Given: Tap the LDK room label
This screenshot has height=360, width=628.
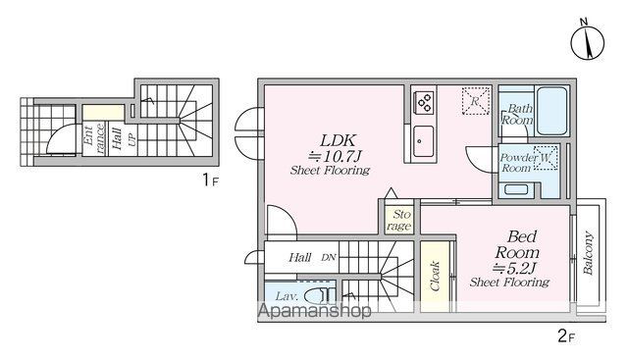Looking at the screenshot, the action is (338, 140).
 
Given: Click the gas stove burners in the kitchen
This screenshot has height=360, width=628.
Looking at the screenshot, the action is (424, 102).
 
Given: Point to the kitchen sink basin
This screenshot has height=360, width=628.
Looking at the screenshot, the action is (423, 141).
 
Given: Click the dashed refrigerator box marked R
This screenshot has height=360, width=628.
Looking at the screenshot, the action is (475, 101).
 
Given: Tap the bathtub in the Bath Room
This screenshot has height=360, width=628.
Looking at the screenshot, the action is (551, 111).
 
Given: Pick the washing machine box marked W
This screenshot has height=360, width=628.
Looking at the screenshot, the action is (546, 157).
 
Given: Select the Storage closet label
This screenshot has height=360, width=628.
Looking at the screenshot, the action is (399, 220).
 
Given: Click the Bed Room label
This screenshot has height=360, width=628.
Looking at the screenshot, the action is (517, 244).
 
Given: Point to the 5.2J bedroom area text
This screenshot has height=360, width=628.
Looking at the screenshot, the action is (514, 268).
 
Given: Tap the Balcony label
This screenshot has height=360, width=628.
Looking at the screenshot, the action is (588, 253).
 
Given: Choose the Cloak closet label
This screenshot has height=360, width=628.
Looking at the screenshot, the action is (435, 276).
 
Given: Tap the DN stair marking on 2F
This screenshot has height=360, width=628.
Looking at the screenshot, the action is (329, 257).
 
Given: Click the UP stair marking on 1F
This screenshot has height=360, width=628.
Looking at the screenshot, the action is (131, 139).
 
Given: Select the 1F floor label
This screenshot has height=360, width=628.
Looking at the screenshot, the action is (210, 180).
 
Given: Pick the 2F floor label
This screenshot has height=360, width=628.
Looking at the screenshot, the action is (566, 336).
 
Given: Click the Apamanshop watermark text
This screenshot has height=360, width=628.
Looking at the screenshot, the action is (314, 311).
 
